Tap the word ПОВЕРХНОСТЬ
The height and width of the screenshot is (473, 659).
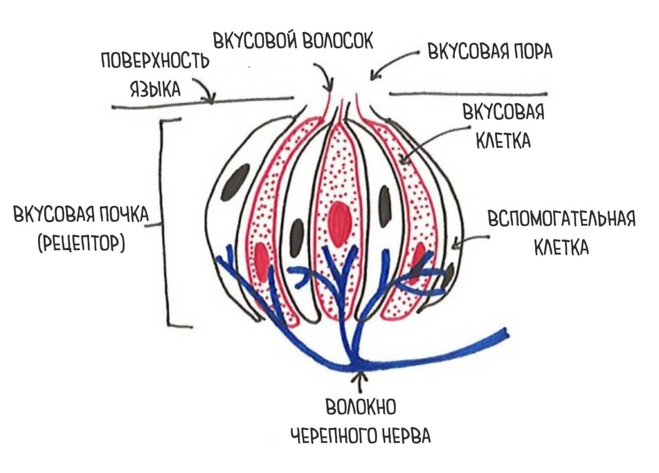155,62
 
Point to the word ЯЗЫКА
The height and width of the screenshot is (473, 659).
155,89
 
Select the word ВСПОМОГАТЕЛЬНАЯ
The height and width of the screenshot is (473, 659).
562,220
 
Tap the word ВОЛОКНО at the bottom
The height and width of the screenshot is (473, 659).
361,409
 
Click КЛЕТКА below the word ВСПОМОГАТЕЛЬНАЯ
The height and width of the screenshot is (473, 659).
561,249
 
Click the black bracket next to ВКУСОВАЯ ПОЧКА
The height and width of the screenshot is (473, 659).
164,221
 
